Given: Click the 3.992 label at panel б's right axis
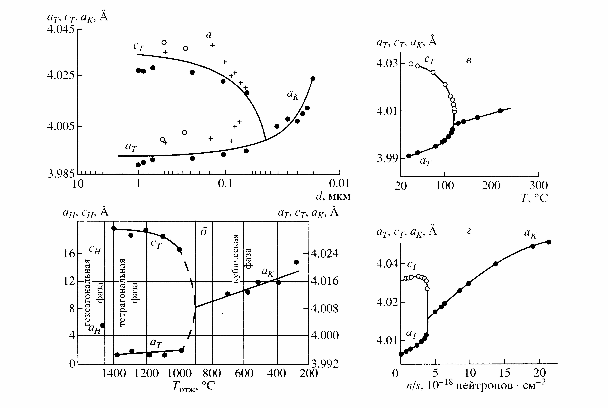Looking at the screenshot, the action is (325, 364).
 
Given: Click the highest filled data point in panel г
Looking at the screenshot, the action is (549, 242).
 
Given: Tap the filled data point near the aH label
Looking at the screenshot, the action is (103, 325).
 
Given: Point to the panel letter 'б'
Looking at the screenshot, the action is (204, 232).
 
